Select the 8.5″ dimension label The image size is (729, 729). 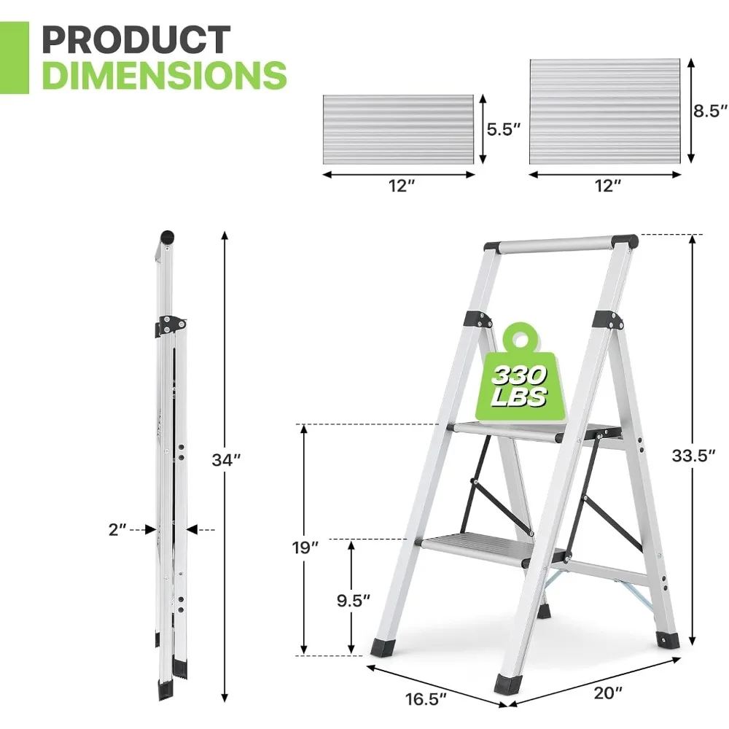(x=709, y=111)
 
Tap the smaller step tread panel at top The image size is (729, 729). (x=399, y=130)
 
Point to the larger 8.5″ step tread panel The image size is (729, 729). (x=605, y=111)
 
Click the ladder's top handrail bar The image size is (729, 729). (x=555, y=243)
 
